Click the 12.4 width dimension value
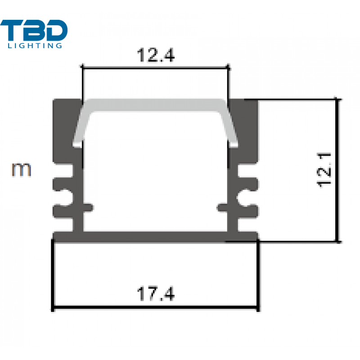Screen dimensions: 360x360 tap(156, 55)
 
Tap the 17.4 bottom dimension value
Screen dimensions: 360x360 tap(156, 293)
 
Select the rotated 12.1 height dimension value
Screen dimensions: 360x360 tap(324, 170)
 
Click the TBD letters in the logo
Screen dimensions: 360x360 tap(34, 30)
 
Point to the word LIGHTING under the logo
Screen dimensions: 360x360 tap(35, 45)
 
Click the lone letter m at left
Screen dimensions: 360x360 tap(21, 170)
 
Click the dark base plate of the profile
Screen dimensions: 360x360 tap(155, 237)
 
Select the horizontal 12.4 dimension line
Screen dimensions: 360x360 tap(155, 68)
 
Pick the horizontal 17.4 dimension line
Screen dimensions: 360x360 tap(155, 306)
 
